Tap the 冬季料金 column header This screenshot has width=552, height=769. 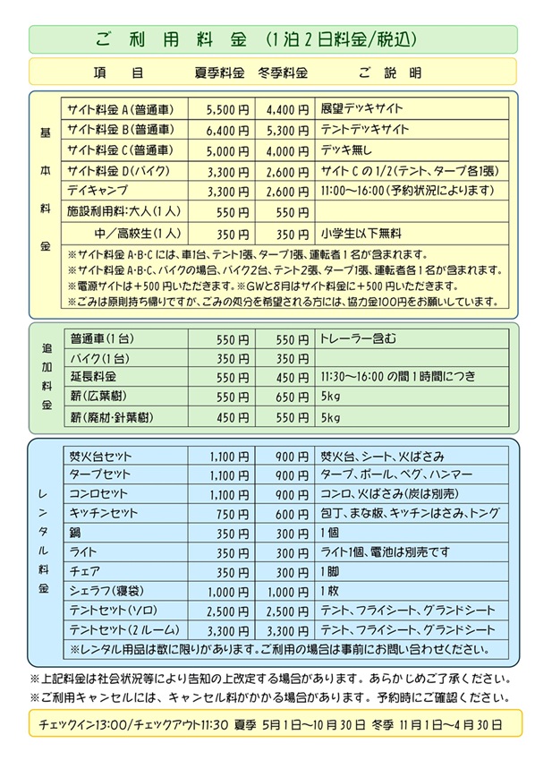click(282, 73)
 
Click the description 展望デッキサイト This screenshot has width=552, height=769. click(362, 109)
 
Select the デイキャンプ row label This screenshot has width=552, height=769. click(98, 191)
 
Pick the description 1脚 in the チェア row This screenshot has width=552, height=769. click(329, 572)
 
